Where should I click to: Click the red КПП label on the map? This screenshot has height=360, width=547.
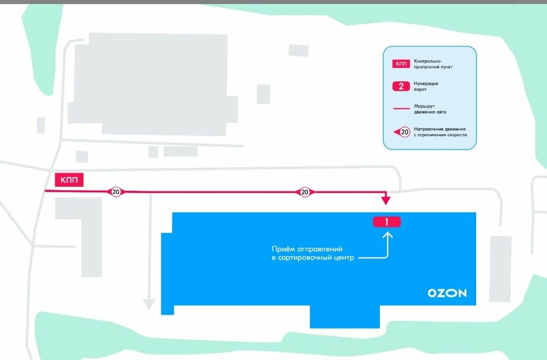(69, 180)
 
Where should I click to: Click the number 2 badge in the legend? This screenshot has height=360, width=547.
(401, 87)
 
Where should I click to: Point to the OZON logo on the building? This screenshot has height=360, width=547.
(447, 293)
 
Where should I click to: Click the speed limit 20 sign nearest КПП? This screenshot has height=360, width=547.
(116, 192)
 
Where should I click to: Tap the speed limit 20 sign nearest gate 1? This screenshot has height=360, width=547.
(304, 192)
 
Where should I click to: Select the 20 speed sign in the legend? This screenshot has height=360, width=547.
(403, 131)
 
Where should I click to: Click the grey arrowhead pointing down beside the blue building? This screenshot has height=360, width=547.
(149, 304)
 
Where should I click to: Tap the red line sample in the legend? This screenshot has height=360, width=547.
(401, 109)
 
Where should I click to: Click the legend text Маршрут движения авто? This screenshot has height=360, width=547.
(429, 109)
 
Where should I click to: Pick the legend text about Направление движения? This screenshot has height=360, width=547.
(440, 132)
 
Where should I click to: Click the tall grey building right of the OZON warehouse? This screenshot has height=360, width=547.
(501, 269)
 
